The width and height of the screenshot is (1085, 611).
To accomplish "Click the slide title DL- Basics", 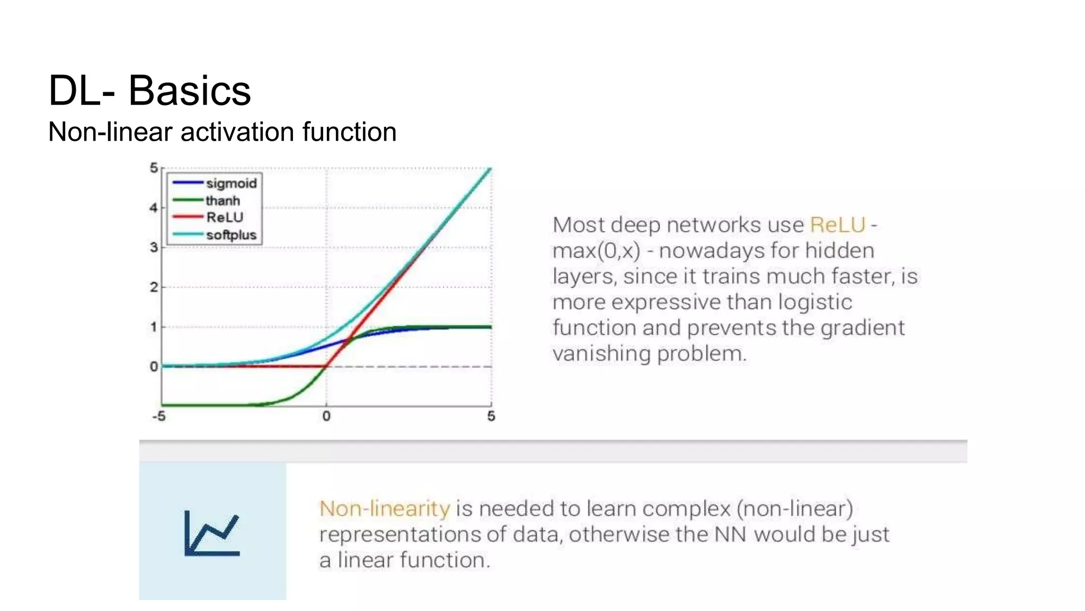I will [x=149, y=91].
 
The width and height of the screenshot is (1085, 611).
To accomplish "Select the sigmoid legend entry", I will [x=231, y=184].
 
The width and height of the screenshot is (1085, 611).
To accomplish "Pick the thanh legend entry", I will [x=223, y=201].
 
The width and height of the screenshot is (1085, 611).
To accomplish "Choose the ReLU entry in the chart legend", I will [x=225, y=217].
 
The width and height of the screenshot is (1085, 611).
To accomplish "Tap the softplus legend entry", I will [x=231, y=235].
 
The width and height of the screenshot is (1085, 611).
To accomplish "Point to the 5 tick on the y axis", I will [x=154, y=168].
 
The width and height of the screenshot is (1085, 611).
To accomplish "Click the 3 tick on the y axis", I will [x=154, y=248].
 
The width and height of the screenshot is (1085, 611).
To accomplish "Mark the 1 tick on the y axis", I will [x=154, y=327].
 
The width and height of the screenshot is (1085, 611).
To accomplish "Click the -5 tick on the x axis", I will [x=159, y=416].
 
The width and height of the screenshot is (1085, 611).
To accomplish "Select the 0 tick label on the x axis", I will [x=326, y=416].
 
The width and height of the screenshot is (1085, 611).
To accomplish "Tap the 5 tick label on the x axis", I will [x=491, y=416].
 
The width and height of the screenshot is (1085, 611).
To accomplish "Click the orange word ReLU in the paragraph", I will [x=837, y=225].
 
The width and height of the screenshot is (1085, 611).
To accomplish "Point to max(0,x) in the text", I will [x=596, y=251].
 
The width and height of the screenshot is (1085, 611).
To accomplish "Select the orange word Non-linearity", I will [x=385, y=509].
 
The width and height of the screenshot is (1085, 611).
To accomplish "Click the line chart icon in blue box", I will [x=212, y=533].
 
